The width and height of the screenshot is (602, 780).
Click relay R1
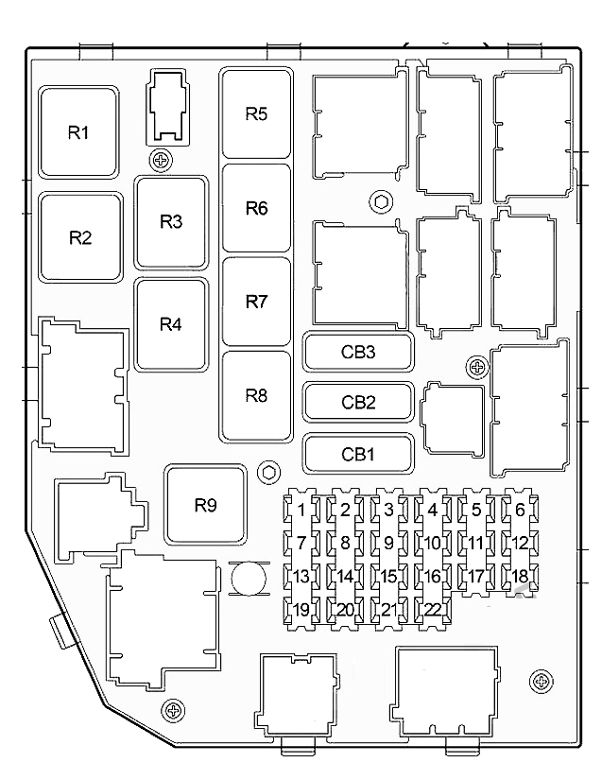(79, 133)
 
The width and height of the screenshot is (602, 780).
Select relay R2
(80, 237)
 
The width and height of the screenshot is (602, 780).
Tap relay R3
(171, 223)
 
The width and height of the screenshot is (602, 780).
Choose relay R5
(256, 114)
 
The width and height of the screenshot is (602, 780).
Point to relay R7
(256, 303)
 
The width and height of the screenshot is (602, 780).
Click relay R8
(256, 395)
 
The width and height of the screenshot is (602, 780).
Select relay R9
(206, 505)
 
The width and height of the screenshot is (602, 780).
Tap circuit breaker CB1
(358, 454)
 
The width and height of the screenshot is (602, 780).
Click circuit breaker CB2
(358, 403)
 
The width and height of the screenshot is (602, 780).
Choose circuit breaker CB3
(358, 353)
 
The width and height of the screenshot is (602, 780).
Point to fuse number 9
(388, 544)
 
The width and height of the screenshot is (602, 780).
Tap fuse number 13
(301, 577)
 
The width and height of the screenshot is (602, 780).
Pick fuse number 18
(520, 577)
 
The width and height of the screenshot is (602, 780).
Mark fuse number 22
(433, 609)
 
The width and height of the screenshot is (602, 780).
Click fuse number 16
(433, 577)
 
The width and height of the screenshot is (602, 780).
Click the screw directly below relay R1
(163, 161)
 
